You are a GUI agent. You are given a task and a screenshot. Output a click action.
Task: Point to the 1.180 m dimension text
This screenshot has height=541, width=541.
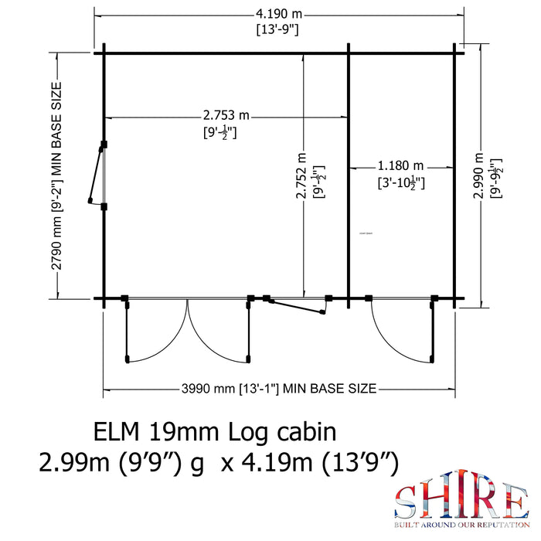tap(401, 166)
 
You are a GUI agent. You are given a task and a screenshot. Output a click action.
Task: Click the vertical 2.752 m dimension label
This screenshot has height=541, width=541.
tap(302, 185)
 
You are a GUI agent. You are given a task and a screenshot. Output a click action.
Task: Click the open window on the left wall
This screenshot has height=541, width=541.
tap(97, 175)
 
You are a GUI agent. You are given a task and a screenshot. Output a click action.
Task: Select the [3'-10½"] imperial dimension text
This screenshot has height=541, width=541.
tap(401, 184)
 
